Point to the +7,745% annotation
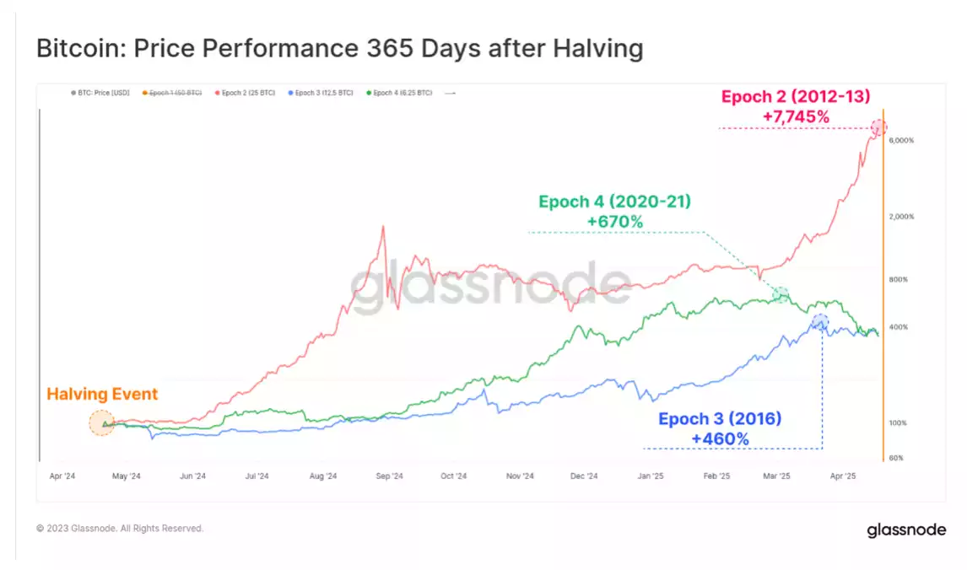click(795, 117)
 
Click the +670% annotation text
click(615, 222)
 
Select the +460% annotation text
click(720, 438)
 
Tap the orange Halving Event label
click(102, 394)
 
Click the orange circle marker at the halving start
click(102, 423)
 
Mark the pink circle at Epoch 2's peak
click(878, 128)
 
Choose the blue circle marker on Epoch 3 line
click(819, 321)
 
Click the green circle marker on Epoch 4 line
click(782, 294)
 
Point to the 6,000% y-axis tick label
click(901, 140)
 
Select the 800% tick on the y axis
click(898, 279)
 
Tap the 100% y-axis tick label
click(898, 423)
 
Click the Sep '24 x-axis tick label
click(389, 476)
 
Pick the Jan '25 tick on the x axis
click(650, 476)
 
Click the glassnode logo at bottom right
click(906, 530)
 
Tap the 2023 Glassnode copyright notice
click(120, 529)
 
